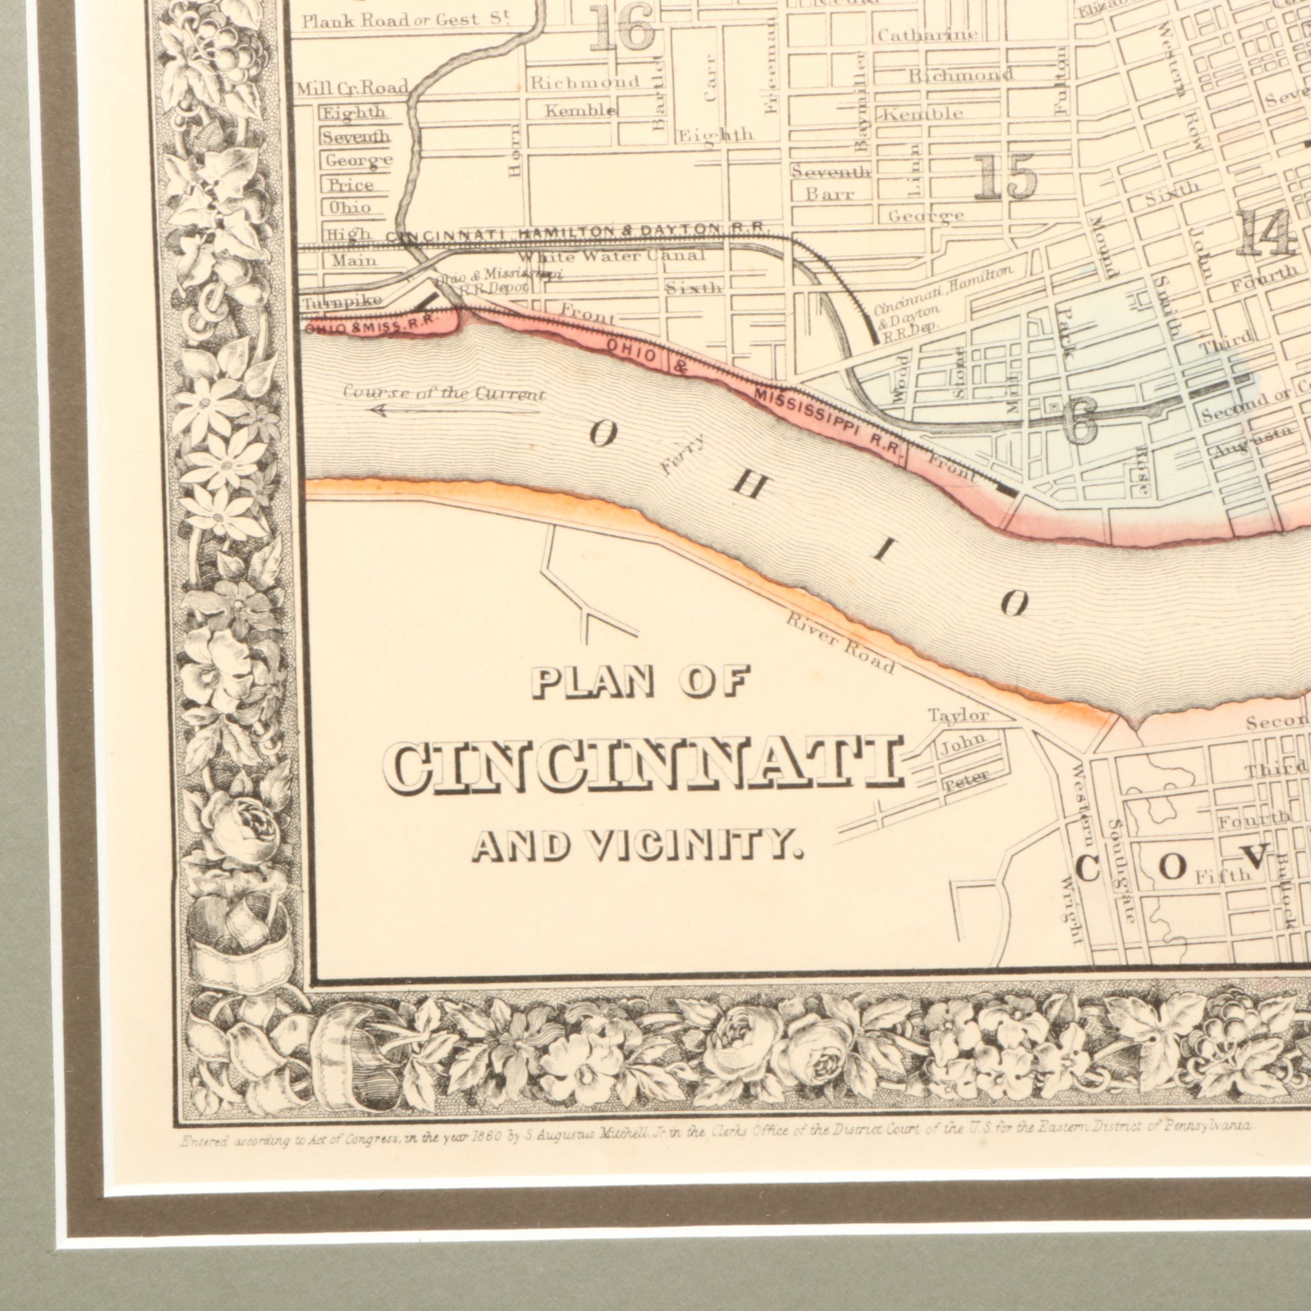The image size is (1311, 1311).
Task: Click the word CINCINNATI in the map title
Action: pyautogui.click(x=645, y=765)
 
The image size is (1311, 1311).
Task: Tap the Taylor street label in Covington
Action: pyautogui.click(x=958, y=716)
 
